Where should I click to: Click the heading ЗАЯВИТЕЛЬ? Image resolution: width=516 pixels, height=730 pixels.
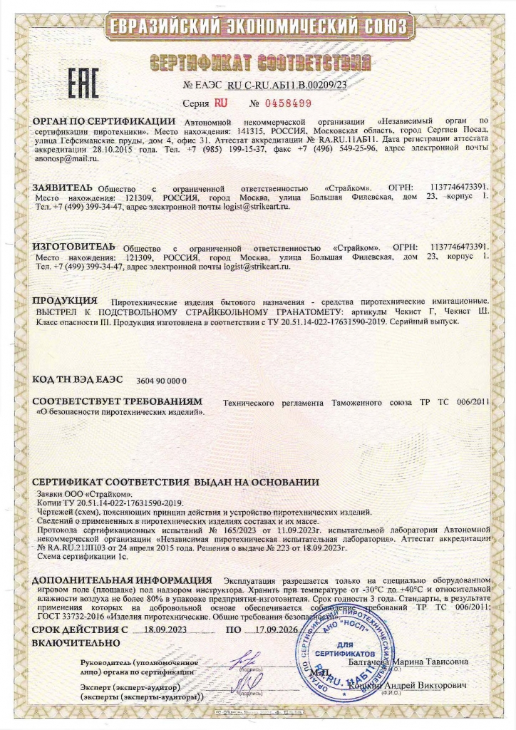[x=63, y=187]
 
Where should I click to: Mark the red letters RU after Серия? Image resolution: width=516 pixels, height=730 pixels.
[x=220, y=102]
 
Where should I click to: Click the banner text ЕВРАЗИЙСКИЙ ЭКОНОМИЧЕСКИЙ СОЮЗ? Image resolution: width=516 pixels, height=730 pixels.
[x=258, y=28]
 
